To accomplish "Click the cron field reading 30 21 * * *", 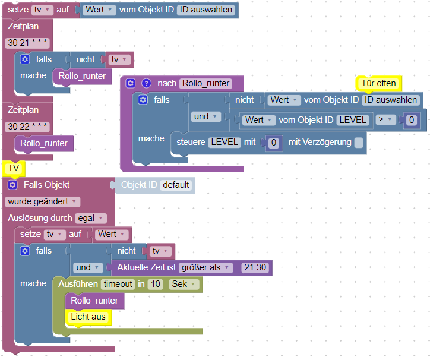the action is tap(27, 43).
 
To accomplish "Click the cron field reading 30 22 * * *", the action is tap(27, 127).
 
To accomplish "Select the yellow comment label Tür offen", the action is tap(378, 83).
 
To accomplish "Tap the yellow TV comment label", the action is tap(14, 168).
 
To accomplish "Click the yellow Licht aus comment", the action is tap(88, 317).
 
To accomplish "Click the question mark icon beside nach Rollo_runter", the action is tap(147, 83).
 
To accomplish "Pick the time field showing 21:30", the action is tap(255, 267).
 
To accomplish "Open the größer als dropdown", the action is tap(205, 267).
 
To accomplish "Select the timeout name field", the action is tap(118, 284).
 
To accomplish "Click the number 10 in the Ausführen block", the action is tap(156, 284).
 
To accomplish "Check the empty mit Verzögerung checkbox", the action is tap(359, 143).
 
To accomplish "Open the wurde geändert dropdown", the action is tap(43, 201).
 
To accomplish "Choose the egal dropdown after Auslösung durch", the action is tap(91, 218).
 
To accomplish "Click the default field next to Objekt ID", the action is tap(176, 185).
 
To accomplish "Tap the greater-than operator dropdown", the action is tap(385, 119).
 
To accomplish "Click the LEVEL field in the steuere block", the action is tap(225, 142).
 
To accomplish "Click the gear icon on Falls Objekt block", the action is tap(12, 185).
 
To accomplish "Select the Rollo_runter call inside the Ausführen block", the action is tap(94, 301).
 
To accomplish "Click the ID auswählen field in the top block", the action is tap(205, 10).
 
